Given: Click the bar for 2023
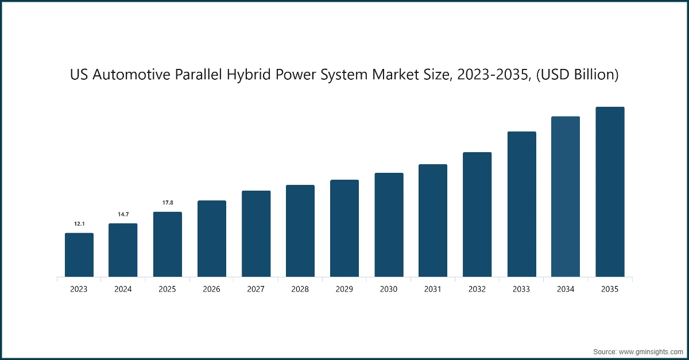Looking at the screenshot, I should click(x=79, y=255).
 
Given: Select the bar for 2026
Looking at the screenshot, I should click(x=211, y=239).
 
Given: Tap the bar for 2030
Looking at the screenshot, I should click(x=389, y=225).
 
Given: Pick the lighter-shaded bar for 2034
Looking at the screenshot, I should click(x=565, y=197).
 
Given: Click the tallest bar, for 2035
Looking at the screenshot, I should click(x=609, y=192).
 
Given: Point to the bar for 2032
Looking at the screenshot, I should click(x=477, y=215).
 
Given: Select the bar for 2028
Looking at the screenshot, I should click(x=300, y=231).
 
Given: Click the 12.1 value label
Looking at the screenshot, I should click(x=79, y=224).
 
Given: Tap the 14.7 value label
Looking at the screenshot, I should click(x=123, y=214).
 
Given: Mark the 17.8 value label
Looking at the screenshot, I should click(x=167, y=203).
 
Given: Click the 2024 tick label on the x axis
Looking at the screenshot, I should click(x=123, y=289).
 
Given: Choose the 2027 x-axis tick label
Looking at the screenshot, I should click(x=256, y=289).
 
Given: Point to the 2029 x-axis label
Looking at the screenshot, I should click(x=344, y=289).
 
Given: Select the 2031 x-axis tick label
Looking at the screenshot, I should click(x=433, y=289).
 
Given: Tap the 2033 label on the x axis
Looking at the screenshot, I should click(x=521, y=289).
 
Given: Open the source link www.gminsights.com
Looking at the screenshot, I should click(x=652, y=350).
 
